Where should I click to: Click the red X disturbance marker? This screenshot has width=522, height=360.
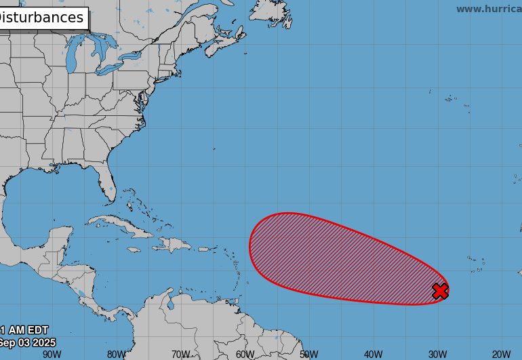(x=440, y=292)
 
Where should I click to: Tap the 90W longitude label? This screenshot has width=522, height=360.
(x=52, y=354)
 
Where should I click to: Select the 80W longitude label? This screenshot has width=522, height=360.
(x=116, y=354)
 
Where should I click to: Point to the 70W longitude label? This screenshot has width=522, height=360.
(x=180, y=354)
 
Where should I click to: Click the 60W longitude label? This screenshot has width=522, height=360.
(x=245, y=354)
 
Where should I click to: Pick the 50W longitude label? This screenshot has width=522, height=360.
(x=308, y=354)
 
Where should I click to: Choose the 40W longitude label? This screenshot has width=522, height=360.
(x=373, y=354)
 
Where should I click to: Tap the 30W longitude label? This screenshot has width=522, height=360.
(x=437, y=354)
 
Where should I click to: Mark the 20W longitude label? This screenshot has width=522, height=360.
(x=502, y=354)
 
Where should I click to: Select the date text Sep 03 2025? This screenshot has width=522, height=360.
(x=27, y=343)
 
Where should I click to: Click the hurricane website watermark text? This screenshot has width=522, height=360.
(x=488, y=9)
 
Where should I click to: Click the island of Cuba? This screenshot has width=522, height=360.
(x=125, y=228)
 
